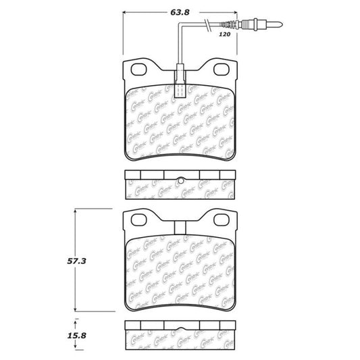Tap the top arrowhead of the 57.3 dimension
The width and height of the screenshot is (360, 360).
[x=75, y=211]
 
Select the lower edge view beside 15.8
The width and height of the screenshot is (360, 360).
[x=180, y=334]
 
